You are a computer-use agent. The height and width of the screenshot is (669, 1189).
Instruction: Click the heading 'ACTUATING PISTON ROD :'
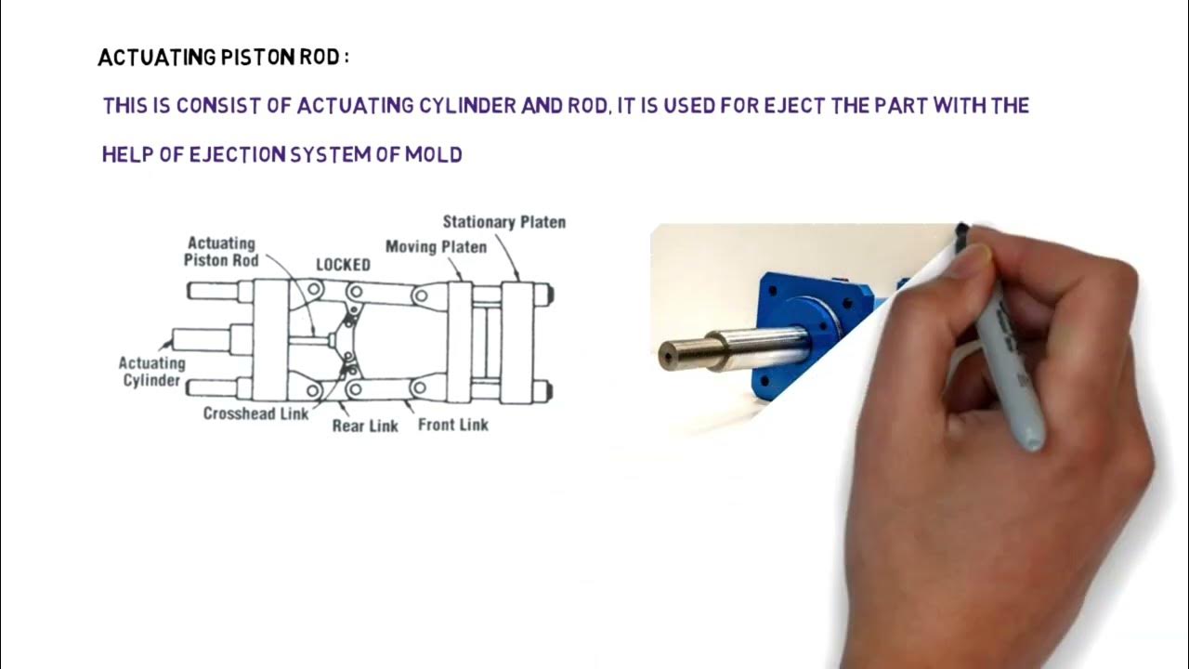pyautogui.click(x=223, y=58)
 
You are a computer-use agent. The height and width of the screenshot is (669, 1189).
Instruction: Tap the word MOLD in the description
pyautogui.click(x=433, y=155)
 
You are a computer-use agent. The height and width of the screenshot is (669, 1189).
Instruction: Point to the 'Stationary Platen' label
pyautogui.click(x=503, y=222)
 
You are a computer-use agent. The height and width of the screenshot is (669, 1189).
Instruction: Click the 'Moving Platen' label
pyautogui.click(x=436, y=247)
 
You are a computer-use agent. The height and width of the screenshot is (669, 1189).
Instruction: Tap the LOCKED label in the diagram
pyautogui.click(x=343, y=265)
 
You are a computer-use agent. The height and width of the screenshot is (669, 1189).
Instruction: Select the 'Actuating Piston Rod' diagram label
pyautogui.click(x=221, y=252)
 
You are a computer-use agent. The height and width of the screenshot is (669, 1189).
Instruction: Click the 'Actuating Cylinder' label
pyautogui.click(x=152, y=372)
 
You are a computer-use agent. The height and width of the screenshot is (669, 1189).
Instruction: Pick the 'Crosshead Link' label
pyautogui.click(x=255, y=413)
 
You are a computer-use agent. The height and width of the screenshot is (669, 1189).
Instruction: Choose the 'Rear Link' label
pyautogui.click(x=365, y=426)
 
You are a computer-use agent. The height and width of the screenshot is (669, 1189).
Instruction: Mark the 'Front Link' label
pyautogui.click(x=452, y=425)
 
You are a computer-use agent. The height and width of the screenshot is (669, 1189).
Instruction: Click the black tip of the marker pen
pyautogui.click(x=962, y=230)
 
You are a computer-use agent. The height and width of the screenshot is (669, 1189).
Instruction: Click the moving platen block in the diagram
pyautogui.click(x=460, y=341)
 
